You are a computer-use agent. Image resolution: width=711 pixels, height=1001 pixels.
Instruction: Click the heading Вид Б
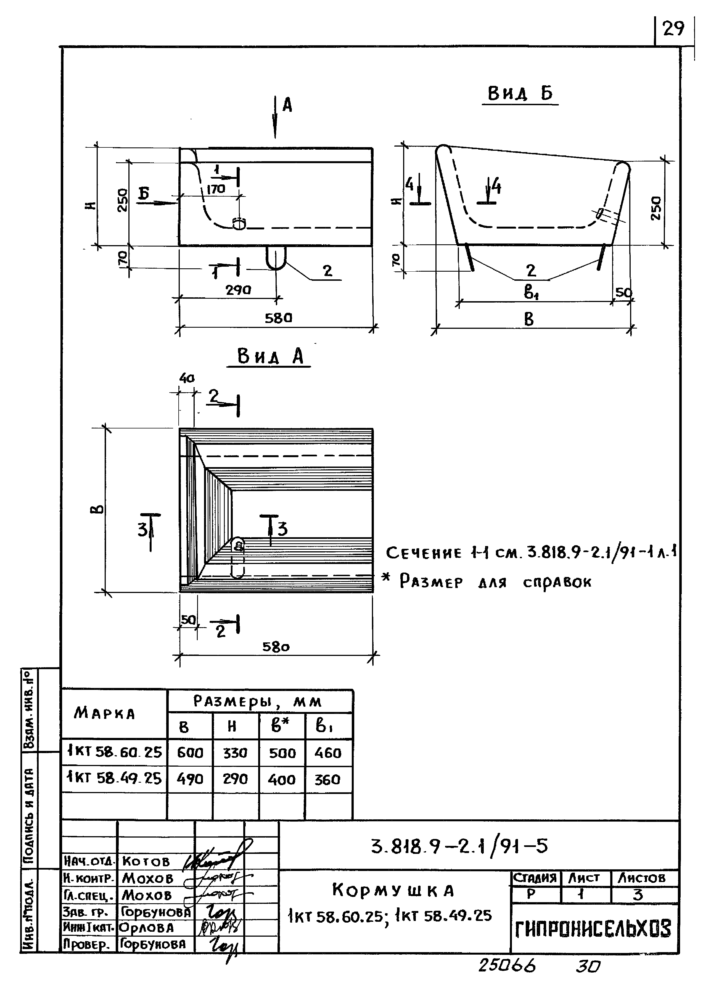coord(520,94)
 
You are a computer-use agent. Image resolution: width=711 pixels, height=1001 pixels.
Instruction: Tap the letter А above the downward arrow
coord(287,105)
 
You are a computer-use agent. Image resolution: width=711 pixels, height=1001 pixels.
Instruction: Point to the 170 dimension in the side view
coord(216,189)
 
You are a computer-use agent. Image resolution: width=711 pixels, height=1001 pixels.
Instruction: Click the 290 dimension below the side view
coord(238,290)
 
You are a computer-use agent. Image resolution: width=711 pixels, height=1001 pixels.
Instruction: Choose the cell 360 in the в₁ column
coord(327,780)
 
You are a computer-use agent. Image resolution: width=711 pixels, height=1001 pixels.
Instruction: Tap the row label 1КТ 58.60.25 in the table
coord(114,752)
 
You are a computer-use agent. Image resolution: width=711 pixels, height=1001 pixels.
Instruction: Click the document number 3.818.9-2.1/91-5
coord(459,846)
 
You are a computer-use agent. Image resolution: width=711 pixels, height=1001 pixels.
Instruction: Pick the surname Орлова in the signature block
coord(147,928)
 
